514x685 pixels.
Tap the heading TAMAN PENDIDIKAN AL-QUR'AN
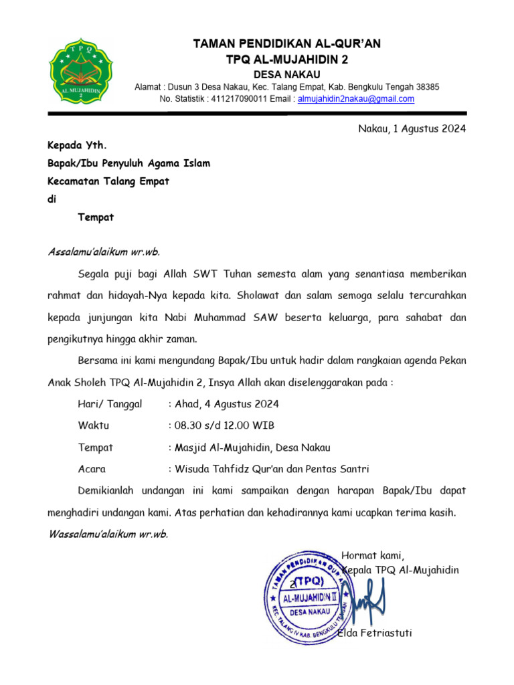click(x=286, y=44)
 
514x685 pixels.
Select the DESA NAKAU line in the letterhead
click(x=286, y=74)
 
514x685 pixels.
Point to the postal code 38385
click(x=428, y=87)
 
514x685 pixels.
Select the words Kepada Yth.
click(x=76, y=145)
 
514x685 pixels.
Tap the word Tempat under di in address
click(x=96, y=217)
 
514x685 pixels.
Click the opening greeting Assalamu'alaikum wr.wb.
click(x=104, y=252)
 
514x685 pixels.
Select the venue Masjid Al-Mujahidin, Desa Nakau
click(x=252, y=448)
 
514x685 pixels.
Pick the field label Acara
click(x=92, y=469)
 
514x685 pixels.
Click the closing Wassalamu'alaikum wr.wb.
click(x=108, y=534)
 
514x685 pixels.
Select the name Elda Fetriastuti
click(x=375, y=633)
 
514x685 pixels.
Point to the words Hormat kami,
click(x=373, y=555)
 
